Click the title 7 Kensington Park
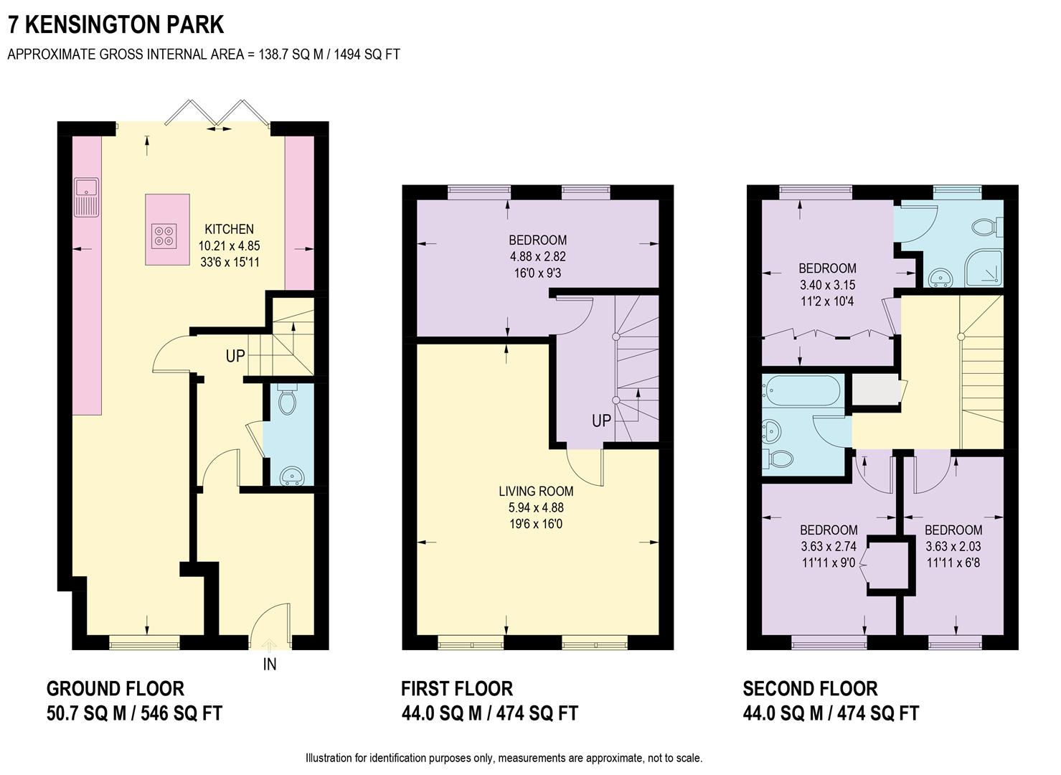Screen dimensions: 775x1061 [115, 24]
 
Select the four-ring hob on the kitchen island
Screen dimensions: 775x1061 [164, 236]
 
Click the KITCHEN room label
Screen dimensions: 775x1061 [229, 229]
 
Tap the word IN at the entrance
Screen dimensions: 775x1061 [270, 664]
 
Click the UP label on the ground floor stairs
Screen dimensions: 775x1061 [235, 356]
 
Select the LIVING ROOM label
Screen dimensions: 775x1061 [536, 492]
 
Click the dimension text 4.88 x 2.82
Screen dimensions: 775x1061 [537, 256]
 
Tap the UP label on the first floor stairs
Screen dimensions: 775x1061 [601, 421]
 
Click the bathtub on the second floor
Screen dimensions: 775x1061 [803, 390]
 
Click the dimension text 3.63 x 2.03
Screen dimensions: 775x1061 [953, 546]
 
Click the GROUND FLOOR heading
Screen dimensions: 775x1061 [115, 689]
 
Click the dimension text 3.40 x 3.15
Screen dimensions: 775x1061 [827, 285]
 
